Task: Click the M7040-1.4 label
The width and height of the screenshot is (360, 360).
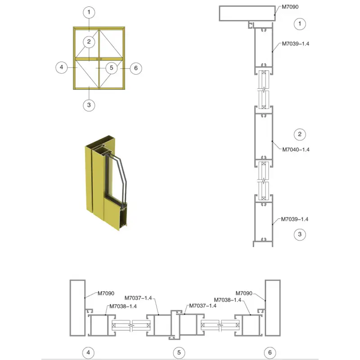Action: point(296,150)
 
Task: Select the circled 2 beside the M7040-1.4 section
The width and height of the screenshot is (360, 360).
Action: point(300,134)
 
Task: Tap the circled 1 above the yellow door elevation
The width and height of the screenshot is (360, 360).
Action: point(89,12)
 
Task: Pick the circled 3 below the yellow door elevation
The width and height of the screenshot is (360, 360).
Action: point(89,105)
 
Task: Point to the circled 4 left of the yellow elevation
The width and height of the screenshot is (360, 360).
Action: point(62,67)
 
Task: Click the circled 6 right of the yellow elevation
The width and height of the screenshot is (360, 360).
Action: point(136,68)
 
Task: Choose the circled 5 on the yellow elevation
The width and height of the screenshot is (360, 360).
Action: point(111,68)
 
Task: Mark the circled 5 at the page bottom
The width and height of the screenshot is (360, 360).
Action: point(179,352)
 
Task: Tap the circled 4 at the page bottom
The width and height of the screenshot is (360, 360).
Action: point(88,352)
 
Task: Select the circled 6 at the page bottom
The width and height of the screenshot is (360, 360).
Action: point(270,352)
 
